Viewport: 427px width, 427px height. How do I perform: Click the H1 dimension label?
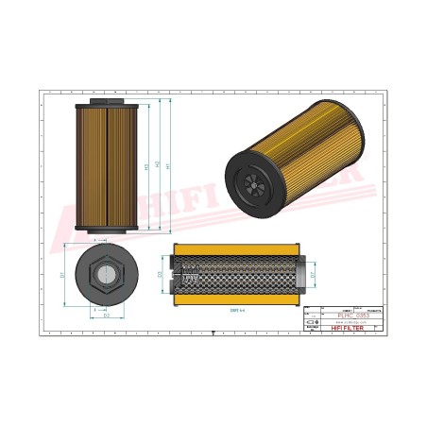point(169,166)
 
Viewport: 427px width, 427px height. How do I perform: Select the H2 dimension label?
point(158,166)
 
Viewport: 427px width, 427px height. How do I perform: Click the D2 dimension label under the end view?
point(106,316)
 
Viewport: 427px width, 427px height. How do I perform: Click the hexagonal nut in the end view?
point(107,276)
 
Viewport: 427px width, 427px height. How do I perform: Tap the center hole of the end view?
point(107,276)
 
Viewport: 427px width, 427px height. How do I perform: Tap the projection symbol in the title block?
point(315,323)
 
